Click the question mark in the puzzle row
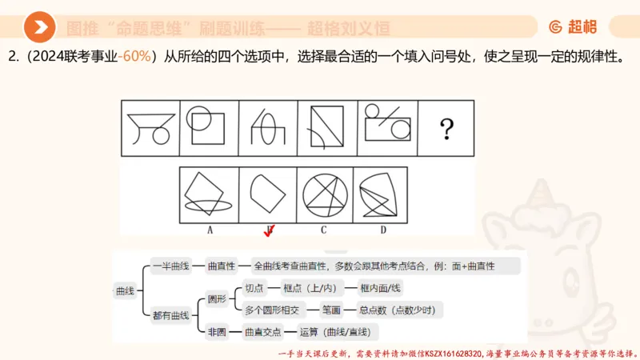click(x=447, y=127)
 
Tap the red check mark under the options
click(x=270, y=232)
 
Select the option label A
click(x=210, y=229)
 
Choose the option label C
click(x=324, y=229)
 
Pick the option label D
click(x=383, y=229)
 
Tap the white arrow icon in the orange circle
click(x=40, y=29)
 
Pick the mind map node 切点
click(x=254, y=288)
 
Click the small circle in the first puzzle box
click(x=161, y=134)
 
